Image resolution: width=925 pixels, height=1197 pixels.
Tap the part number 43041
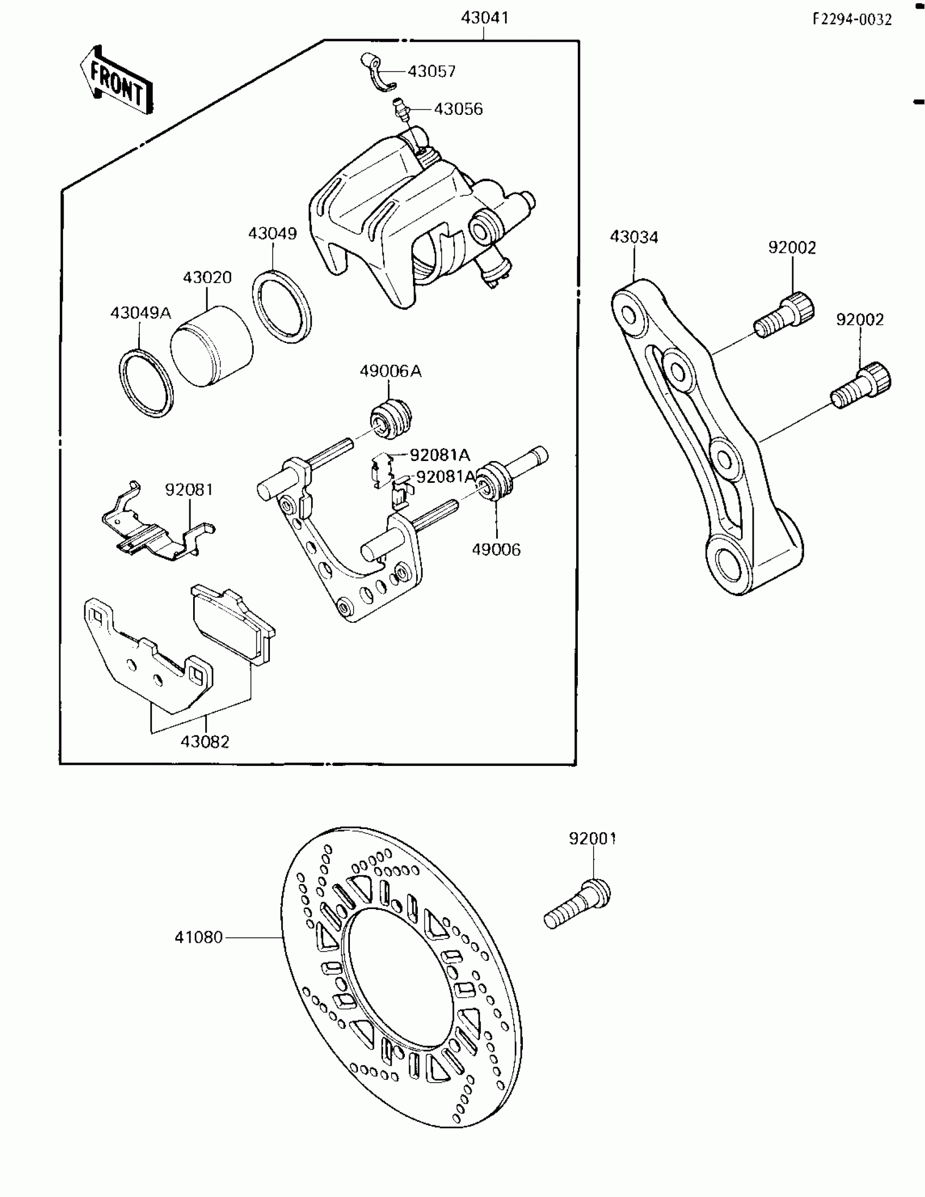click(484, 18)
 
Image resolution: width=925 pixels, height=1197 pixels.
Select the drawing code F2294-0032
click(852, 20)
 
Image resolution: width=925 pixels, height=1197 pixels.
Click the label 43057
click(431, 71)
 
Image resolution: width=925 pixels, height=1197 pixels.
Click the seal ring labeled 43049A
click(146, 382)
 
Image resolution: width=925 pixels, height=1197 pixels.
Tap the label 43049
click(273, 234)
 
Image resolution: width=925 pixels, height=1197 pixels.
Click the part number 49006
click(496, 549)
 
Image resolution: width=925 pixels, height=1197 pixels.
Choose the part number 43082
click(205, 741)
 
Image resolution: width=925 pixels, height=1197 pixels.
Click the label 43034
click(634, 237)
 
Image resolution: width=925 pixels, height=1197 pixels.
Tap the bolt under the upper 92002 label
click(785, 316)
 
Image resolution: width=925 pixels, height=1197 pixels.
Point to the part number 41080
click(199, 937)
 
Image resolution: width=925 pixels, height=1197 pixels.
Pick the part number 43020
click(207, 277)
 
